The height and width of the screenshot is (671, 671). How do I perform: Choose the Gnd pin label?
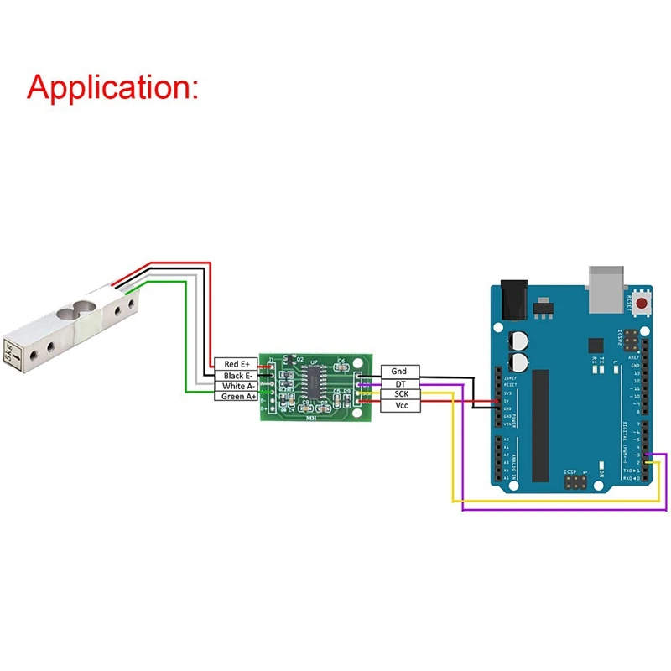click(399, 371)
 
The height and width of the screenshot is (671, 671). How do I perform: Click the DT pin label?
click(399, 382)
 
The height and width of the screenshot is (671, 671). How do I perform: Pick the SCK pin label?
click(399, 393)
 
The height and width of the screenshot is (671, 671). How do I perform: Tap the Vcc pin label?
click(399, 405)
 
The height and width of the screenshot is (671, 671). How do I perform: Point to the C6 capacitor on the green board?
click(340, 365)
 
